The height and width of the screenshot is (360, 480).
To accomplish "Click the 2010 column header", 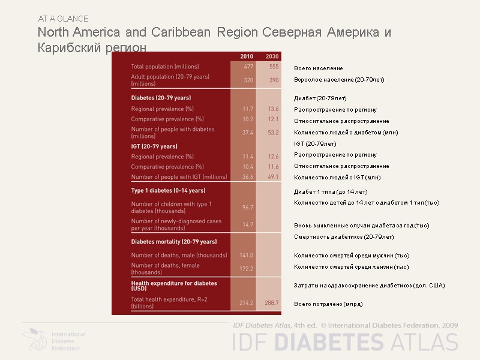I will coord(247,56).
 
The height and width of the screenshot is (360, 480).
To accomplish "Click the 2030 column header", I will coord(272,56).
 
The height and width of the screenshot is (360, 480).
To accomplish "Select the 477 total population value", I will coord(248,67).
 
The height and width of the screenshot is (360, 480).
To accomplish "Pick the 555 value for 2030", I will coord(273,67).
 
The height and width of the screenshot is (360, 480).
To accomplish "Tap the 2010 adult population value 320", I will coord(248,80).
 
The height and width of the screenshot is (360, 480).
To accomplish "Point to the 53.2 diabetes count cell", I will coord(273,132).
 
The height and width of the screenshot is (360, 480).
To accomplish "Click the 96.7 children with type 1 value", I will coord(247,207).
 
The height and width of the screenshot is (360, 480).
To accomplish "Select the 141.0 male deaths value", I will coord(247,255).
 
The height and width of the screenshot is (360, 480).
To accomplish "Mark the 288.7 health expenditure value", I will coord(272,303).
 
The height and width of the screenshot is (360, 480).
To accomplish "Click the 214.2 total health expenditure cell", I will coord(247,303).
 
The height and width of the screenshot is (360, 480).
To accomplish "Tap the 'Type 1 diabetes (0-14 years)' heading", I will coord(168,191).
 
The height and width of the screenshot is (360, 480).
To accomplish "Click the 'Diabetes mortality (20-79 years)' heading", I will coord(173,242).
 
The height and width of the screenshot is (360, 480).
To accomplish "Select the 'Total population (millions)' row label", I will coord(165,67).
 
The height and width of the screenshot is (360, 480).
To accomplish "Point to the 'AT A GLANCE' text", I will coord(63,19).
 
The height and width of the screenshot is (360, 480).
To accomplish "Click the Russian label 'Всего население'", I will coord(319,68).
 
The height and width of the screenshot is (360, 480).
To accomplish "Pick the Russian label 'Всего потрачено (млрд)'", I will coord(328,304).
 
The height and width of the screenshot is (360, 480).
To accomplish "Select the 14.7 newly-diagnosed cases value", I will coord(247,224).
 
